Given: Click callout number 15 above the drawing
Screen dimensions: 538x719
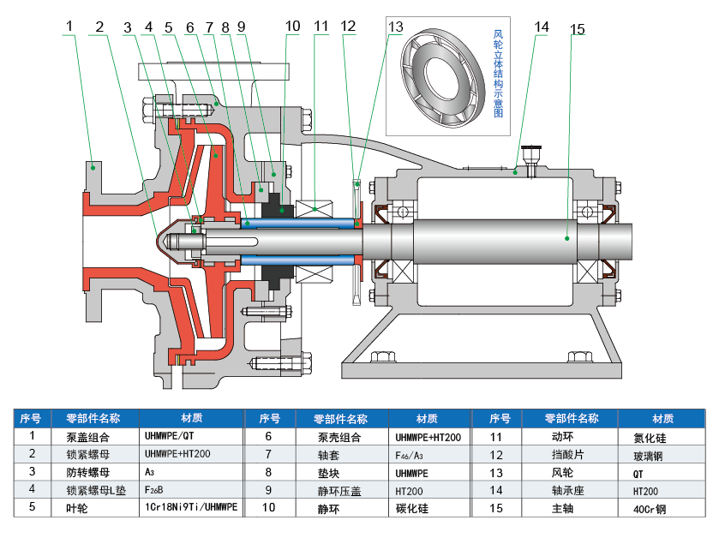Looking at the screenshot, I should click(x=577, y=30).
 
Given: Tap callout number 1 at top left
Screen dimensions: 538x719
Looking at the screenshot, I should click(x=69, y=27).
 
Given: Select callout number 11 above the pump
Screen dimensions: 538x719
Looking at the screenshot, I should click(x=321, y=27).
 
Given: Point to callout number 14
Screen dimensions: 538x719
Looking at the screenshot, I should click(x=541, y=27).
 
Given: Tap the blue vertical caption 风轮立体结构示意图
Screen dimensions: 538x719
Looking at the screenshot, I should click(x=499, y=74).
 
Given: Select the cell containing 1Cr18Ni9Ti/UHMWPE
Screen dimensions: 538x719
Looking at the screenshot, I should click(x=191, y=508).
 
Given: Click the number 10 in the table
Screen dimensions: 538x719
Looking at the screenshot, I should click(x=268, y=508).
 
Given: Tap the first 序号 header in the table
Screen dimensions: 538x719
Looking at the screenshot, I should click(x=31, y=419).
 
